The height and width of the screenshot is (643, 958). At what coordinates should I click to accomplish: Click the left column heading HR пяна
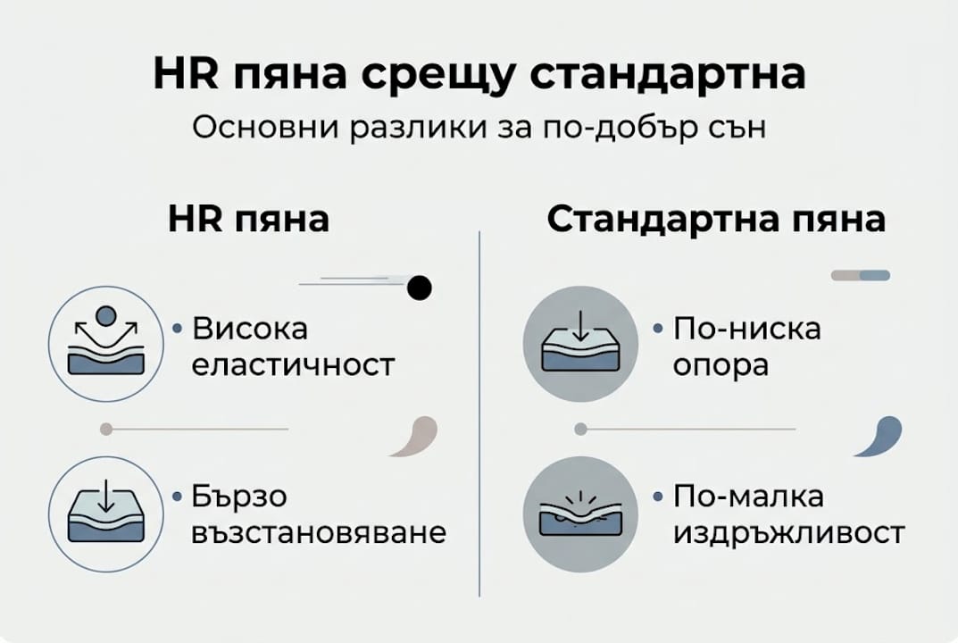pyautogui.click(x=248, y=220)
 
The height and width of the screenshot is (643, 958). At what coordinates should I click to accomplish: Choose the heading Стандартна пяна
pyautogui.click(x=715, y=220)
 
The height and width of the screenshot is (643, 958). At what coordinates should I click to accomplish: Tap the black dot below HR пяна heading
pyautogui.click(x=419, y=288)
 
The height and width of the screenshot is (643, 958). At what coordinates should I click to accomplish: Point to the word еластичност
pyautogui.click(x=294, y=365)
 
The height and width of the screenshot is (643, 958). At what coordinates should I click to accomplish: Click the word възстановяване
pyautogui.click(x=320, y=533)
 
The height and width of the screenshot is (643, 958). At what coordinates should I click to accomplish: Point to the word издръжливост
pyautogui.click(x=788, y=533)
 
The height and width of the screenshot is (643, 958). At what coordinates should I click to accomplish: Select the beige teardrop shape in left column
pyautogui.click(x=415, y=437)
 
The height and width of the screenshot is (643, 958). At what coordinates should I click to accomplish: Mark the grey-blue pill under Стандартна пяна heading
pyautogui.click(x=861, y=275)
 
